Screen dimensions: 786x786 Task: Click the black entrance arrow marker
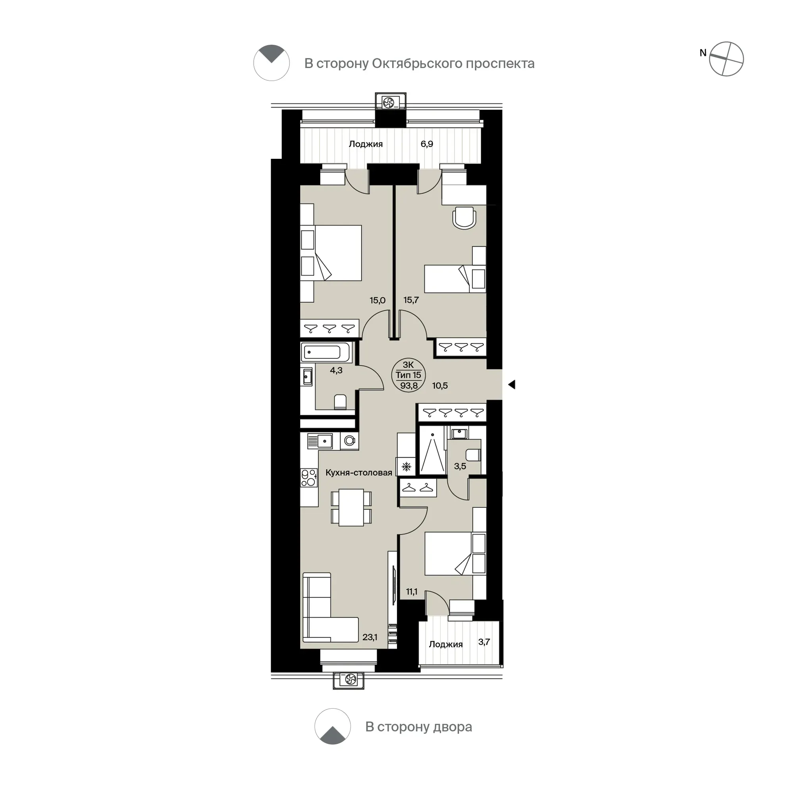click(x=512, y=384)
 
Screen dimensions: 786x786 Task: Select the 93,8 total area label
click(x=409, y=386)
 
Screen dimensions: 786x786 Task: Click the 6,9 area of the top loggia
click(x=427, y=144)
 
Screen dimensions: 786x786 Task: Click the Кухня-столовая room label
click(x=359, y=472)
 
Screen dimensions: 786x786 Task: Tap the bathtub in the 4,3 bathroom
click(x=326, y=352)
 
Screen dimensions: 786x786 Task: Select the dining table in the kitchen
click(x=351, y=507)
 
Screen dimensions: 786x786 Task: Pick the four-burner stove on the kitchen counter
click(x=309, y=477)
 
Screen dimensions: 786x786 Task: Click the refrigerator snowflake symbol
click(x=406, y=466)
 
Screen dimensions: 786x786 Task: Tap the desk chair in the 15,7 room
click(x=464, y=218)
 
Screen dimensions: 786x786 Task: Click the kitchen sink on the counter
click(x=320, y=441)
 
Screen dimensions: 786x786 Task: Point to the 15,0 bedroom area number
click(x=378, y=300)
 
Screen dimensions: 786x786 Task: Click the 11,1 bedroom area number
click(x=412, y=591)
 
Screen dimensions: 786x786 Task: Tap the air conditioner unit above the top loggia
click(x=391, y=102)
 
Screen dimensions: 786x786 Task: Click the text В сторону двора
click(x=419, y=726)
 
